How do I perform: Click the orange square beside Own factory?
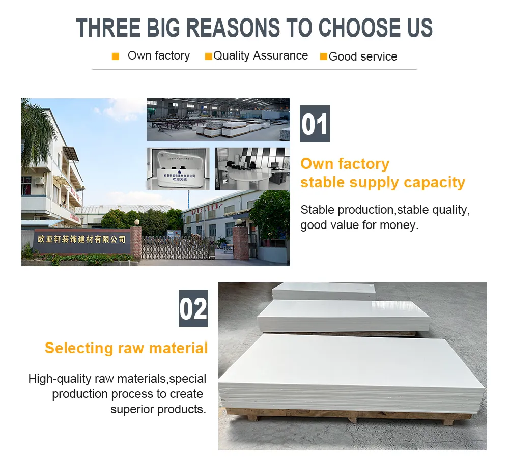(116, 56)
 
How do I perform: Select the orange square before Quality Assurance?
(208, 56)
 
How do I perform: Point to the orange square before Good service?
(324, 56)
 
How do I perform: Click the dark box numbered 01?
(315, 124)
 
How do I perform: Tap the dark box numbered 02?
(193, 308)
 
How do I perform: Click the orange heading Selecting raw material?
(126, 348)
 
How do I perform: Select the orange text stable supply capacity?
(383, 182)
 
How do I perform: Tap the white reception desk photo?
(178, 169)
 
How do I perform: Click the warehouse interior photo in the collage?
(218, 120)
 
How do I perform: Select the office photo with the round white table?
(252, 169)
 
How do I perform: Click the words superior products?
(158, 409)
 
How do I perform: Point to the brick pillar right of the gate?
(240, 243)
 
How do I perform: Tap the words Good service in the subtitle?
(363, 56)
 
